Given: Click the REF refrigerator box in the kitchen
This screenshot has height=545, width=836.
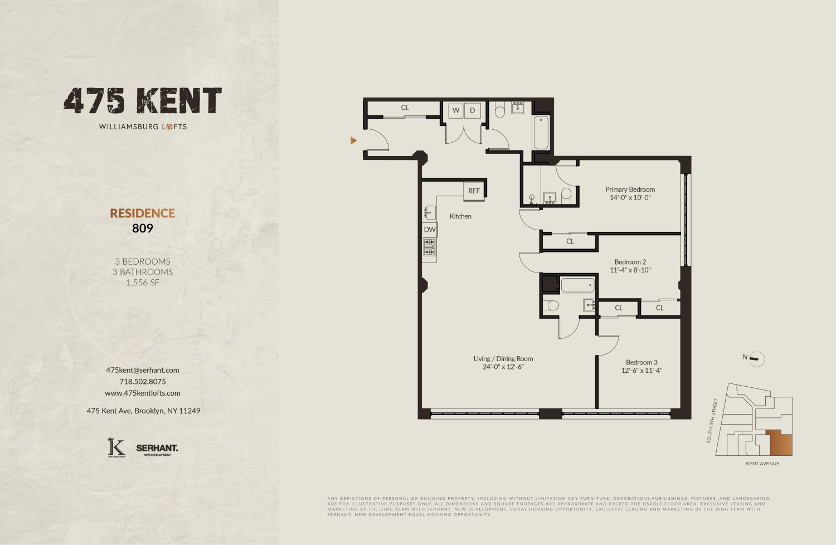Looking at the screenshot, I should click(474, 191).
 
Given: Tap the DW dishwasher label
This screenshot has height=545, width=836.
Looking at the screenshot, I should click(430, 230).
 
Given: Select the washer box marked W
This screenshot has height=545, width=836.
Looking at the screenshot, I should click(456, 110).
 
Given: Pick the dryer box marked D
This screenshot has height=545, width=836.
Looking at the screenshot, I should click(472, 110).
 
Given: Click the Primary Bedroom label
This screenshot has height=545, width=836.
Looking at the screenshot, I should click(630, 189).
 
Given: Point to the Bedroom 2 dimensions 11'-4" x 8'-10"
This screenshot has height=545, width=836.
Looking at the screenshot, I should click(630, 270).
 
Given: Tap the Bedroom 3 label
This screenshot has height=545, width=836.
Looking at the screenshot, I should click(641, 362).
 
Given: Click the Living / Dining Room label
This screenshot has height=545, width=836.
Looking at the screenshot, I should click(503, 359).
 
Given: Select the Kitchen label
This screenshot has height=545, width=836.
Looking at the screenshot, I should click(460, 216).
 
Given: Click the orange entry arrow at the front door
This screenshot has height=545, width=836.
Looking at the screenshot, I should click(353, 140).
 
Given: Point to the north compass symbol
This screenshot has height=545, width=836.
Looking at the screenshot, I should click(756, 359).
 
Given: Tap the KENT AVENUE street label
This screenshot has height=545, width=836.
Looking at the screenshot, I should click(762, 464).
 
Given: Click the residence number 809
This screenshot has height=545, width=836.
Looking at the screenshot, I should click(143, 228).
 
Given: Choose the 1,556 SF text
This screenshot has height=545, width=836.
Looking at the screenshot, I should click(143, 283).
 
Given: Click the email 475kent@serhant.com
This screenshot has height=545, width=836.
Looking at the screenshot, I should click(143, 370).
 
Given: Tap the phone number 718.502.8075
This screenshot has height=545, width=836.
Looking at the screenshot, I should click(143, 382).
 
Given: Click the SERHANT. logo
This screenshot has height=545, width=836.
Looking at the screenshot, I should click(157, 448).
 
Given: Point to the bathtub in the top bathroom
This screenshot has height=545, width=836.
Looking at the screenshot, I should click(541, 132).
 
